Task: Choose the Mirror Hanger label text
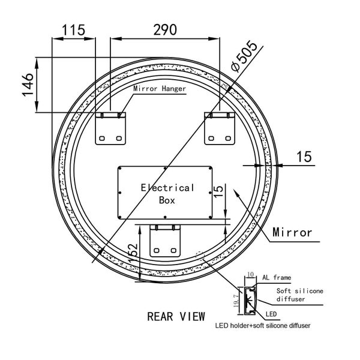point(159,89)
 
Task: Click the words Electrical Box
point(167,194)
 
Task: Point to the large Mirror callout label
point(292,232)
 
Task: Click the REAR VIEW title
point(176,316)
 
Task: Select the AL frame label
point(277,277)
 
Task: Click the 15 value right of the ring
point(304,157)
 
